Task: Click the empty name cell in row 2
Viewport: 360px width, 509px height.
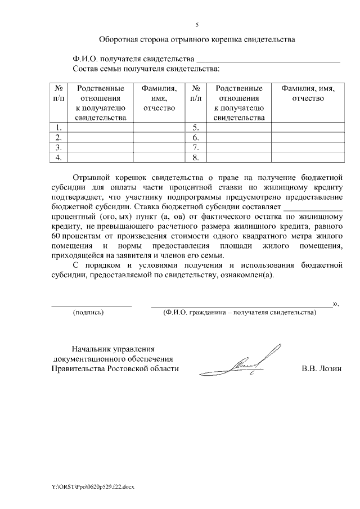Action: tap(159, 137)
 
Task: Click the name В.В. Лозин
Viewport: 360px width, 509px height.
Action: tap(322, 369)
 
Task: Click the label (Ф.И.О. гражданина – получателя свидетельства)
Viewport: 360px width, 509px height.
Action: tap(239, 312)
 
